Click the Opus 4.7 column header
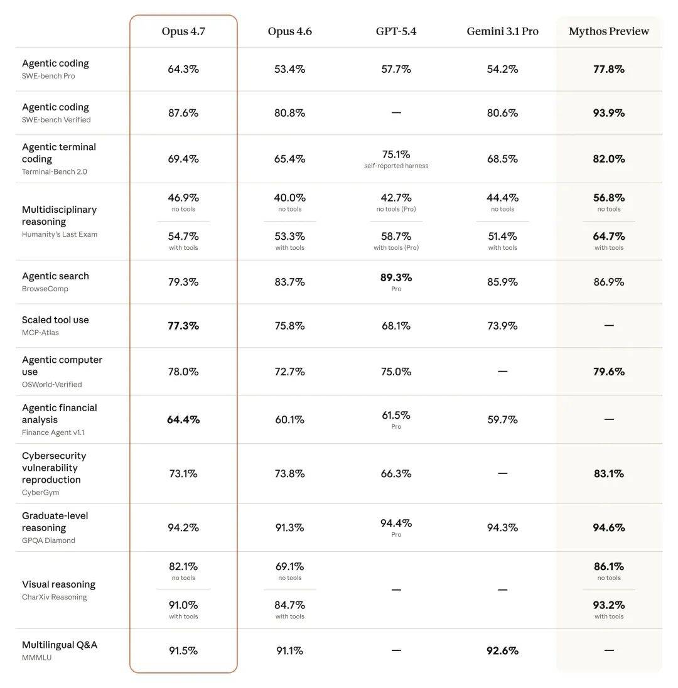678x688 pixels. tap(183, 31)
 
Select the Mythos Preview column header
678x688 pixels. tap(609, 31)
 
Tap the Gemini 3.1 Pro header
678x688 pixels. tap(502, 31)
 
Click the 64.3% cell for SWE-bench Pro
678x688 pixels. tap(183, 69)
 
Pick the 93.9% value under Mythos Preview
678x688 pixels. tap(609, 113)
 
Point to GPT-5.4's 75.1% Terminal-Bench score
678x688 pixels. tap(396, 154)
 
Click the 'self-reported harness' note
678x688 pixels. tap(396, 166)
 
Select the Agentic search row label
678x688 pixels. tap(55, 276)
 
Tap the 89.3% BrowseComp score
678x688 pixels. tap(396, 277)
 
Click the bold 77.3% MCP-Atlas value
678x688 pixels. tap(183, 326)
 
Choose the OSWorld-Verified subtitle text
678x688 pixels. tap(52, 384)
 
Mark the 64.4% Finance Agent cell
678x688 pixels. tap(183, 419)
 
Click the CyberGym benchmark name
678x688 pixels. tap(41, 492)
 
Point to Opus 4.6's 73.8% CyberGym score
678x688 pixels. tap(289, 474)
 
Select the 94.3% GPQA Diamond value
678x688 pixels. tap(502, 528)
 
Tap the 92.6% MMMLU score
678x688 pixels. tap(502, 651)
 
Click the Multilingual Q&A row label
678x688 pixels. tap(60, 645)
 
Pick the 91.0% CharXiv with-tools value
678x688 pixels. tap(183, 605)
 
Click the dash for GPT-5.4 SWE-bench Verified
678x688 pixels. tap(396, 113)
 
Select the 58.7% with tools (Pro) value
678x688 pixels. tap(396, 237)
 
